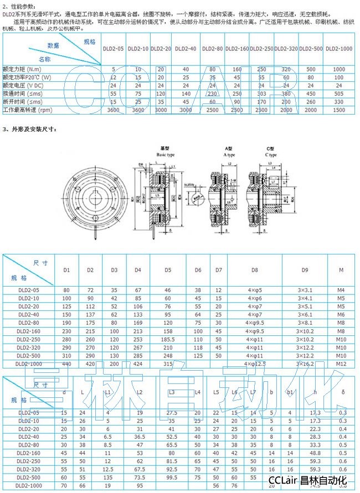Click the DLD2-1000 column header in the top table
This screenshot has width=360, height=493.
(339, 49)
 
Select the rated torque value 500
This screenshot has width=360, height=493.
(311, 70)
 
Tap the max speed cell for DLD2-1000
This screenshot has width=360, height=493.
(339, 110)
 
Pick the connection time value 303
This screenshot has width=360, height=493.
(261, 94)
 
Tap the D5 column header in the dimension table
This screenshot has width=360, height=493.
(168, 269)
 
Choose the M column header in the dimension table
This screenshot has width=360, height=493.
(340, 269)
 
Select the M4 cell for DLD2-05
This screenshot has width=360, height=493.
(340, 289)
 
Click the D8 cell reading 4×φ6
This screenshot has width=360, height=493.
(255, 298)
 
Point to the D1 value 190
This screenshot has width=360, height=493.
(66, 322)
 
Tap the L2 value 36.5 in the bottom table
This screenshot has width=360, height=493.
(140, 437)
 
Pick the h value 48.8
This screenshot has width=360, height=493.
(316, 453)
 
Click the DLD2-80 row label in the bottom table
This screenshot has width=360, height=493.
(27, 445)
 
